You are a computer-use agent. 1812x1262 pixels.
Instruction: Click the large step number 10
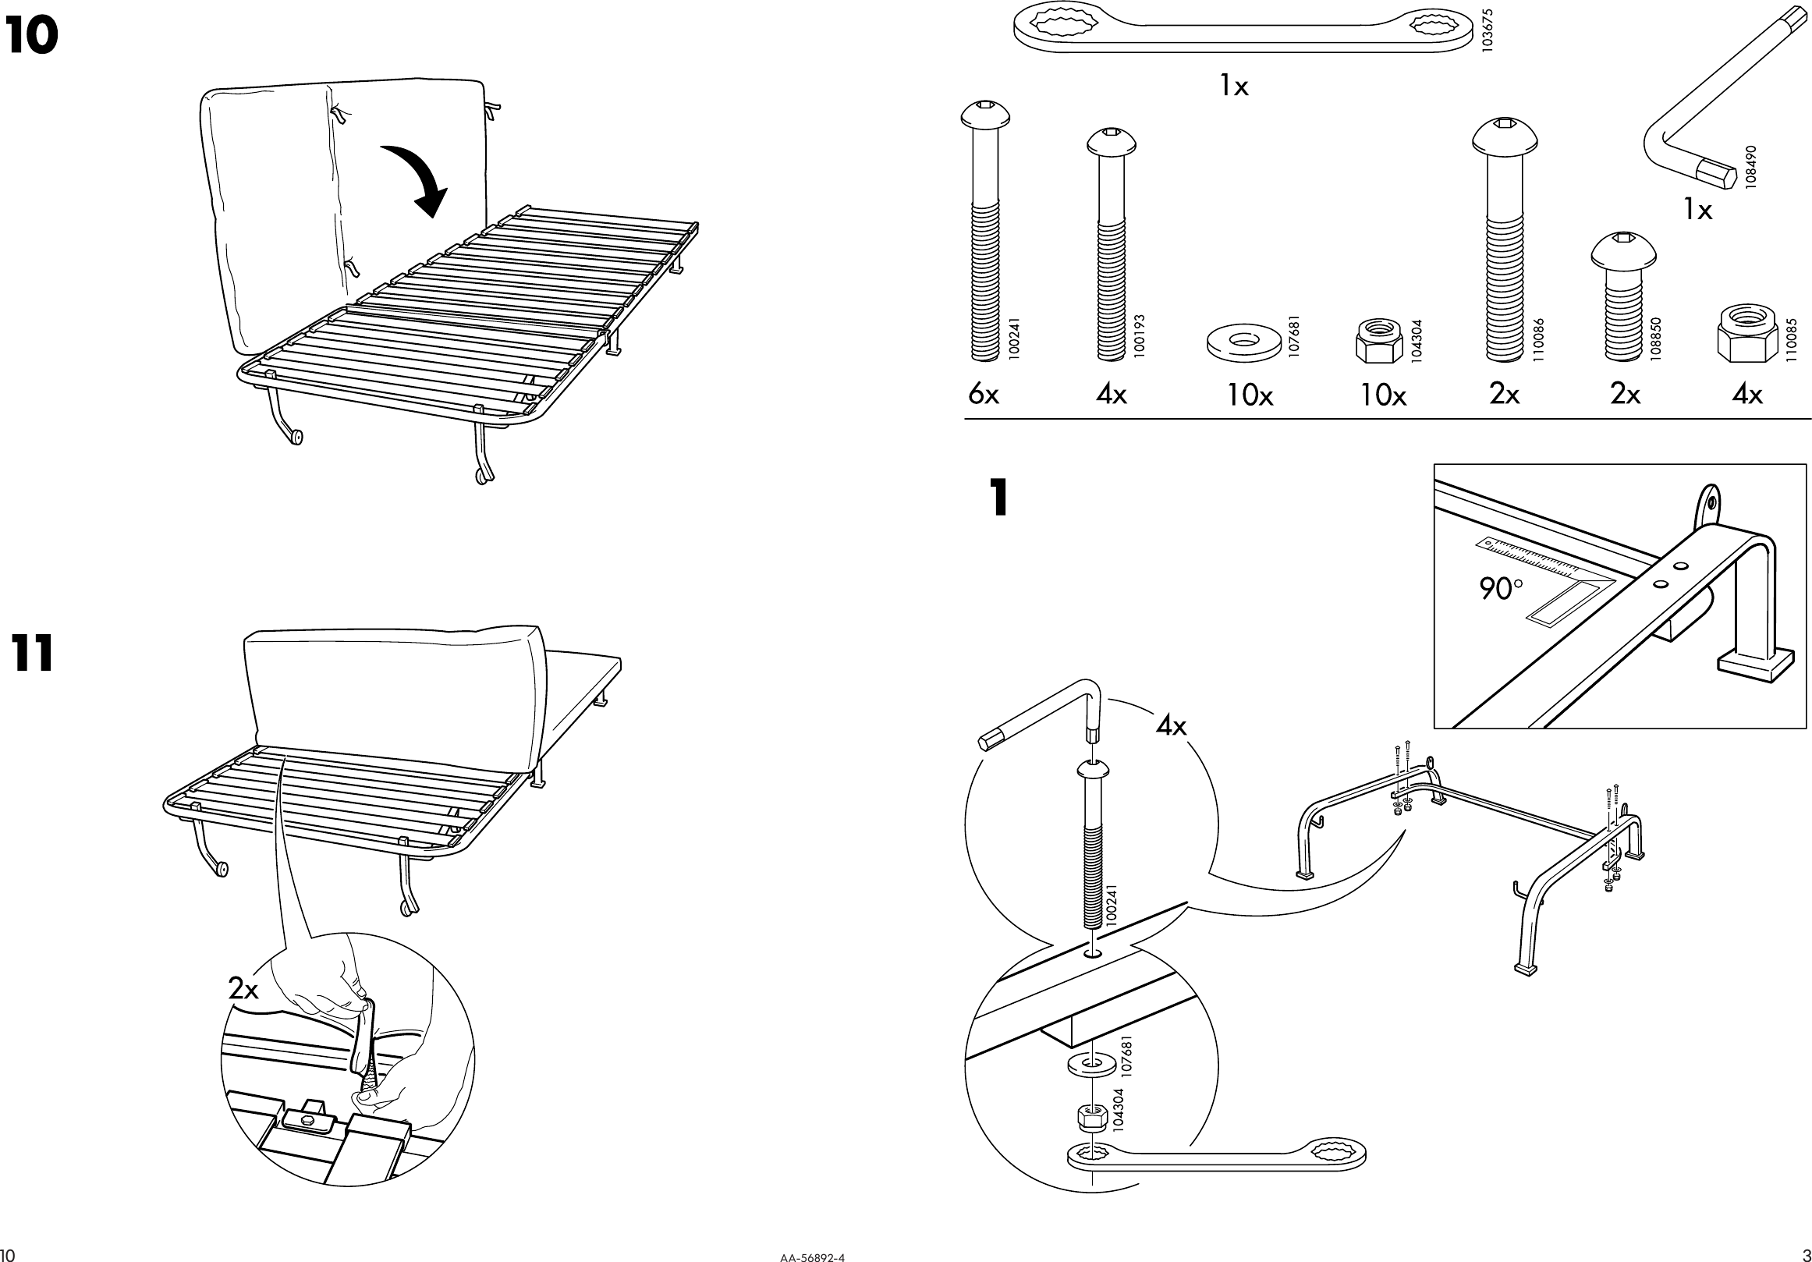pyautogui.click(x=31, y=37)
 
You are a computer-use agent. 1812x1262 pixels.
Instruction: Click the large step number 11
pyautogui.click(x=32, y=654)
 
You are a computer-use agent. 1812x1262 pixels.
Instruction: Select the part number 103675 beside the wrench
pyautogui.click(x=1488, y=30)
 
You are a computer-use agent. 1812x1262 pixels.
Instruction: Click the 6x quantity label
pyautogui.click(x=984, y=394)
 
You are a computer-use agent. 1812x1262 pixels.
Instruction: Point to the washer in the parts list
pyautogui.click(x=1243, y=342)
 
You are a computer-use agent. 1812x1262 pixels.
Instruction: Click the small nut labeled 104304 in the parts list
pyautogui.click(x=1379, y=341)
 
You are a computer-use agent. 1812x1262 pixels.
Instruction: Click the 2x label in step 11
pyautogui.click(x=243, y=988)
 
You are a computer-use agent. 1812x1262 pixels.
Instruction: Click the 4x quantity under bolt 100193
pyautogui.click(x=1112, y=394)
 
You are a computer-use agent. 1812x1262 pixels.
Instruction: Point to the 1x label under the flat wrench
pyautogui.click(x=1234, y=86)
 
